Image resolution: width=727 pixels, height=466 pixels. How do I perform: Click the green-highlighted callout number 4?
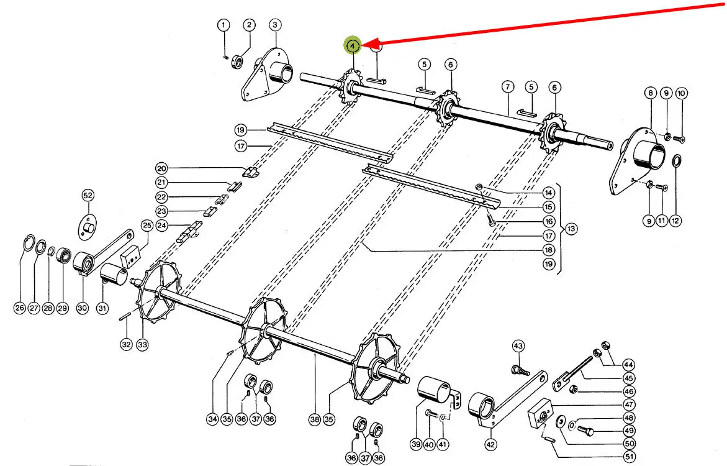tap(353, 45)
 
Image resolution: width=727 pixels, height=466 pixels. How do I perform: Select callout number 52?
tap(88, 196)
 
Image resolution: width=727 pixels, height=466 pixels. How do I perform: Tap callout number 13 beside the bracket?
tap(571, 229)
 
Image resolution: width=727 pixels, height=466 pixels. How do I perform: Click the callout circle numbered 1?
tap(223, 25)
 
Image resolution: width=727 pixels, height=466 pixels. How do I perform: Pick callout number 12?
tap(675, 221)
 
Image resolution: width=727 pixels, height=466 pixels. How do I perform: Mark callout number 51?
tap(630, 457)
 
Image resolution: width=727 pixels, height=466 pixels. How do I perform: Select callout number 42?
tap(491, 445)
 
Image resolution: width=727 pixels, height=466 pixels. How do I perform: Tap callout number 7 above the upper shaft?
tap(508, 86)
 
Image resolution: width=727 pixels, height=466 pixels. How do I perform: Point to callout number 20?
tap(161, 168)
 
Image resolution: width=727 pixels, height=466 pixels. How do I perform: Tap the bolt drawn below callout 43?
tap(520, 370)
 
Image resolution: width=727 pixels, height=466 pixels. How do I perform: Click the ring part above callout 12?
tap(677, 162)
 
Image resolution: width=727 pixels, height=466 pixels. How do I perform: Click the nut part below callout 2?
tap(238, 62)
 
